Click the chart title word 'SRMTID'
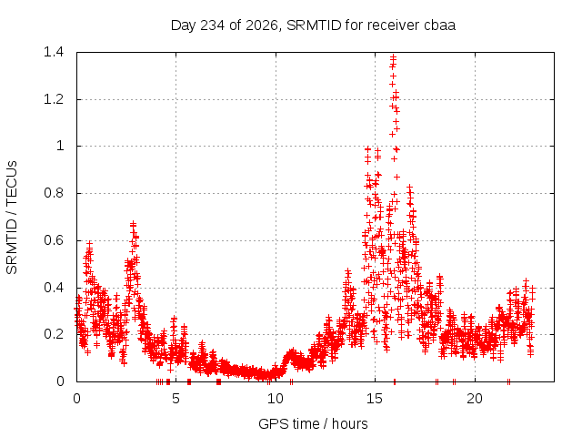pyautogui.click(x=314, y=25)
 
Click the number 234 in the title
pyautogui.click(x=212, y=25)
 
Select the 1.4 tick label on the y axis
pyautogui.click(x=54, y=52)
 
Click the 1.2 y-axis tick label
pyautogui.click(x=54, y=99)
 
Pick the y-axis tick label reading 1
pyautogui.click(x=60, y=146)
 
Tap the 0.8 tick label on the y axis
pyautogui.click(x=54, y=193)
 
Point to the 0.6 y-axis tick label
pyautogui.click(x=54, y=240)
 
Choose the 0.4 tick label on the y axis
pyautogui.click(x=54, y=288)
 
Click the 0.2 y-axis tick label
pyautogui.click(x=54, y=334)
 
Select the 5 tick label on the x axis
pyautogui.click(x=176, y=399)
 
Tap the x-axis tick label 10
pyautogui.click(x=276, y=399)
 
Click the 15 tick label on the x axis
pyautogui.click(x=375, y=399)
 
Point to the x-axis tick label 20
pyautogui.click(x=475, y=399)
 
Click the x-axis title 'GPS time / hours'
pyautogui.click(x=313, y=424)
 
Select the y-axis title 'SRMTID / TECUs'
pyautogui.click(x=12, y=218)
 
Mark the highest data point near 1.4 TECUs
pyautogui.click(x=393, y=57)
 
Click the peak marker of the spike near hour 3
pyautogui.click(x=133, y=224)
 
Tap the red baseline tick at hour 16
pyautogui.click(x=394, y=381)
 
